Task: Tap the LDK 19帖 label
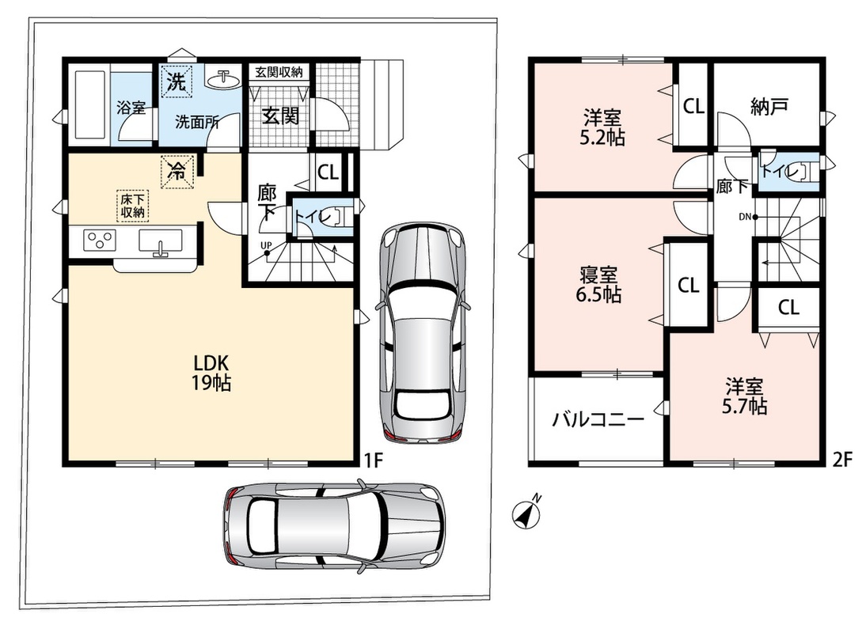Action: pos(211,373)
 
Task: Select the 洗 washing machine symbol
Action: pos(177,81)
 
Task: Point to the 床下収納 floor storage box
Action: pos(132,205)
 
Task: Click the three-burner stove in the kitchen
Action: pos(101,241)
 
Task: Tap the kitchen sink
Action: pos(161,243)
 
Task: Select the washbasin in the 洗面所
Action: pos(224,78)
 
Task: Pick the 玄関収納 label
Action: pos(279,72)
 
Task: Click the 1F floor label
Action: pos(374,461)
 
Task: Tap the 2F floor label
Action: pos(843,460)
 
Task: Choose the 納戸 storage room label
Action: pos(769,107)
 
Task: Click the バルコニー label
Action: pos(598,420)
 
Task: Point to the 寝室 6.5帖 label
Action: pos(598,284)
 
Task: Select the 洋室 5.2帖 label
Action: pos(602,127)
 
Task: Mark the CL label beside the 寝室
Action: pos(688,286)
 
